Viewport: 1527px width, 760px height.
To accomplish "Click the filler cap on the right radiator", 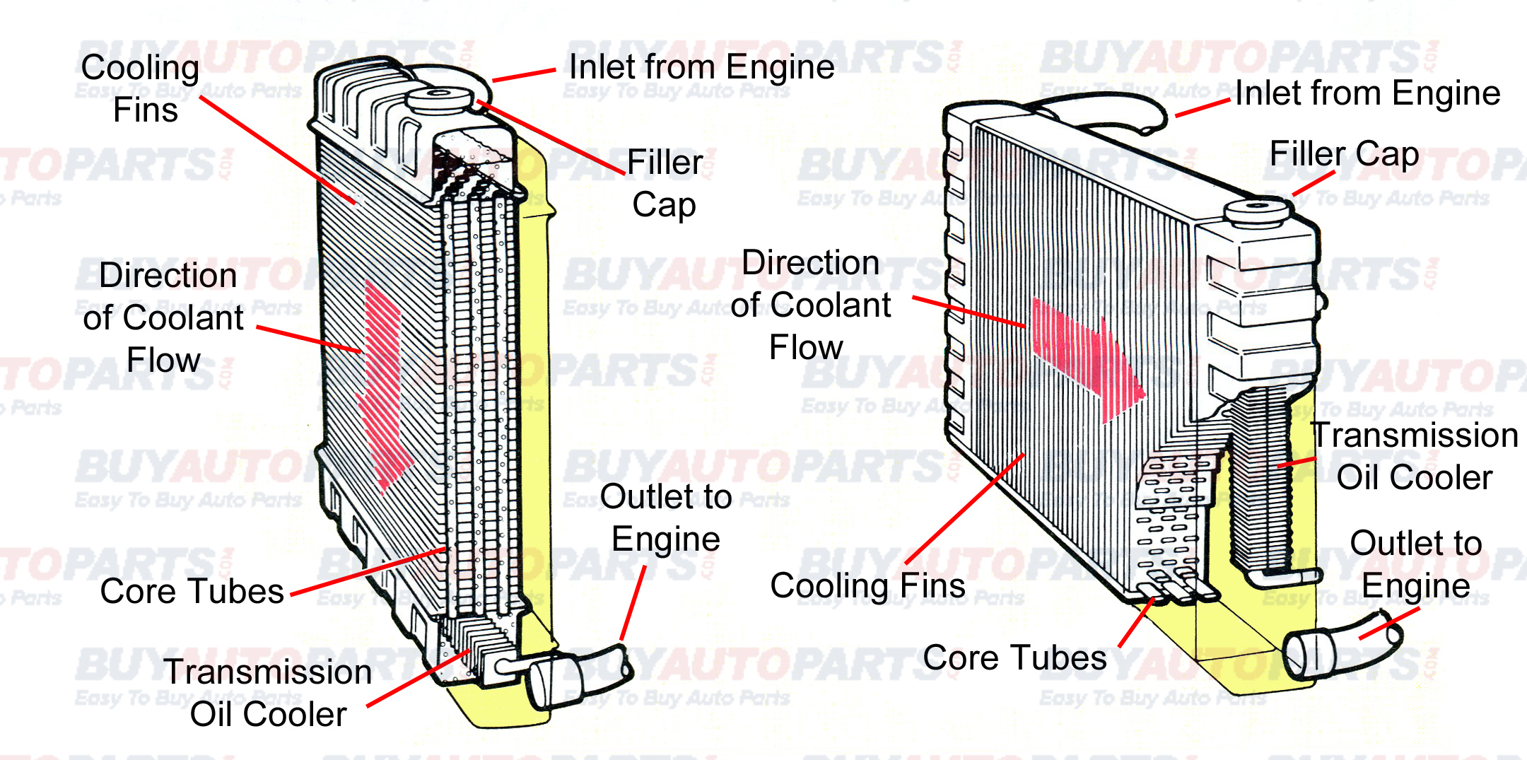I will click(1257, 211).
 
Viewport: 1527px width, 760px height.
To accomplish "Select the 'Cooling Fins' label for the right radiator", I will click(867, 586).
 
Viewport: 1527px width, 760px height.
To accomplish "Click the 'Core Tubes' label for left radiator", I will click(192, 591).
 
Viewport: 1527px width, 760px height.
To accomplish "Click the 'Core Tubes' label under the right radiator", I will click(1014, 658).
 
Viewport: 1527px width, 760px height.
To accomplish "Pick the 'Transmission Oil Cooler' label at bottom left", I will click(268, 693).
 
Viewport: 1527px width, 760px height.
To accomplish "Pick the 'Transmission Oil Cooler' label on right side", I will click(1414, 456).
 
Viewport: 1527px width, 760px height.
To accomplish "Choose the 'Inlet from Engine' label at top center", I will click(701, 67).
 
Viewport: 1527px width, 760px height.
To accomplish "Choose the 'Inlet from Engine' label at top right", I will click(1367, 93).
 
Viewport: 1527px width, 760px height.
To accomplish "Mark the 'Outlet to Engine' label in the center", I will click(665, 518).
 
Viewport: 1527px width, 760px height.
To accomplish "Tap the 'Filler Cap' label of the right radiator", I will click(1344, 154).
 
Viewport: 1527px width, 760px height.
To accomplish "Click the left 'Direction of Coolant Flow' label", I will click(164, 317).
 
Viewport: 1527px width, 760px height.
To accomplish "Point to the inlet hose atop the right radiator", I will click(1103, 113).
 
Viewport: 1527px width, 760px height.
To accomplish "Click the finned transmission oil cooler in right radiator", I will click(1262, 481).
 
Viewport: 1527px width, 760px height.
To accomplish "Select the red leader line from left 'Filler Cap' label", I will click(551, 139).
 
